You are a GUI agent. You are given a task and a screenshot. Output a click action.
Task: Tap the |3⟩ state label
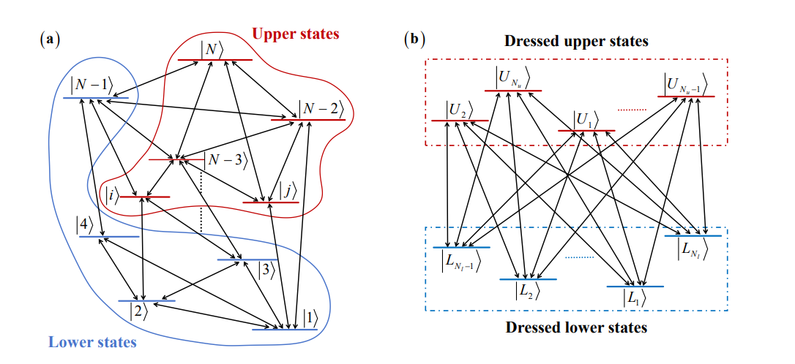[x=265, y=270]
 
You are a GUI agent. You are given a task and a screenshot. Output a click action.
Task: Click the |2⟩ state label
[x=138, y=311]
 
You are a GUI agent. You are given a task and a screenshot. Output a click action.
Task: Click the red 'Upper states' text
[x=296, y=34]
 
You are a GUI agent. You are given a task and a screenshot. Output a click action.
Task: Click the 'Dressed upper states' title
[x=576, y=42]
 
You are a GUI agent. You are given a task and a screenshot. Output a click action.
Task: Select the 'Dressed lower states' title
[x=576, y=327]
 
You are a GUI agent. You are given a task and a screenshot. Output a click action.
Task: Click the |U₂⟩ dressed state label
[x=458, y=110]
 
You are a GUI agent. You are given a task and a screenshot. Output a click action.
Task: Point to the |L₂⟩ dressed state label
[x=527, y=290]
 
